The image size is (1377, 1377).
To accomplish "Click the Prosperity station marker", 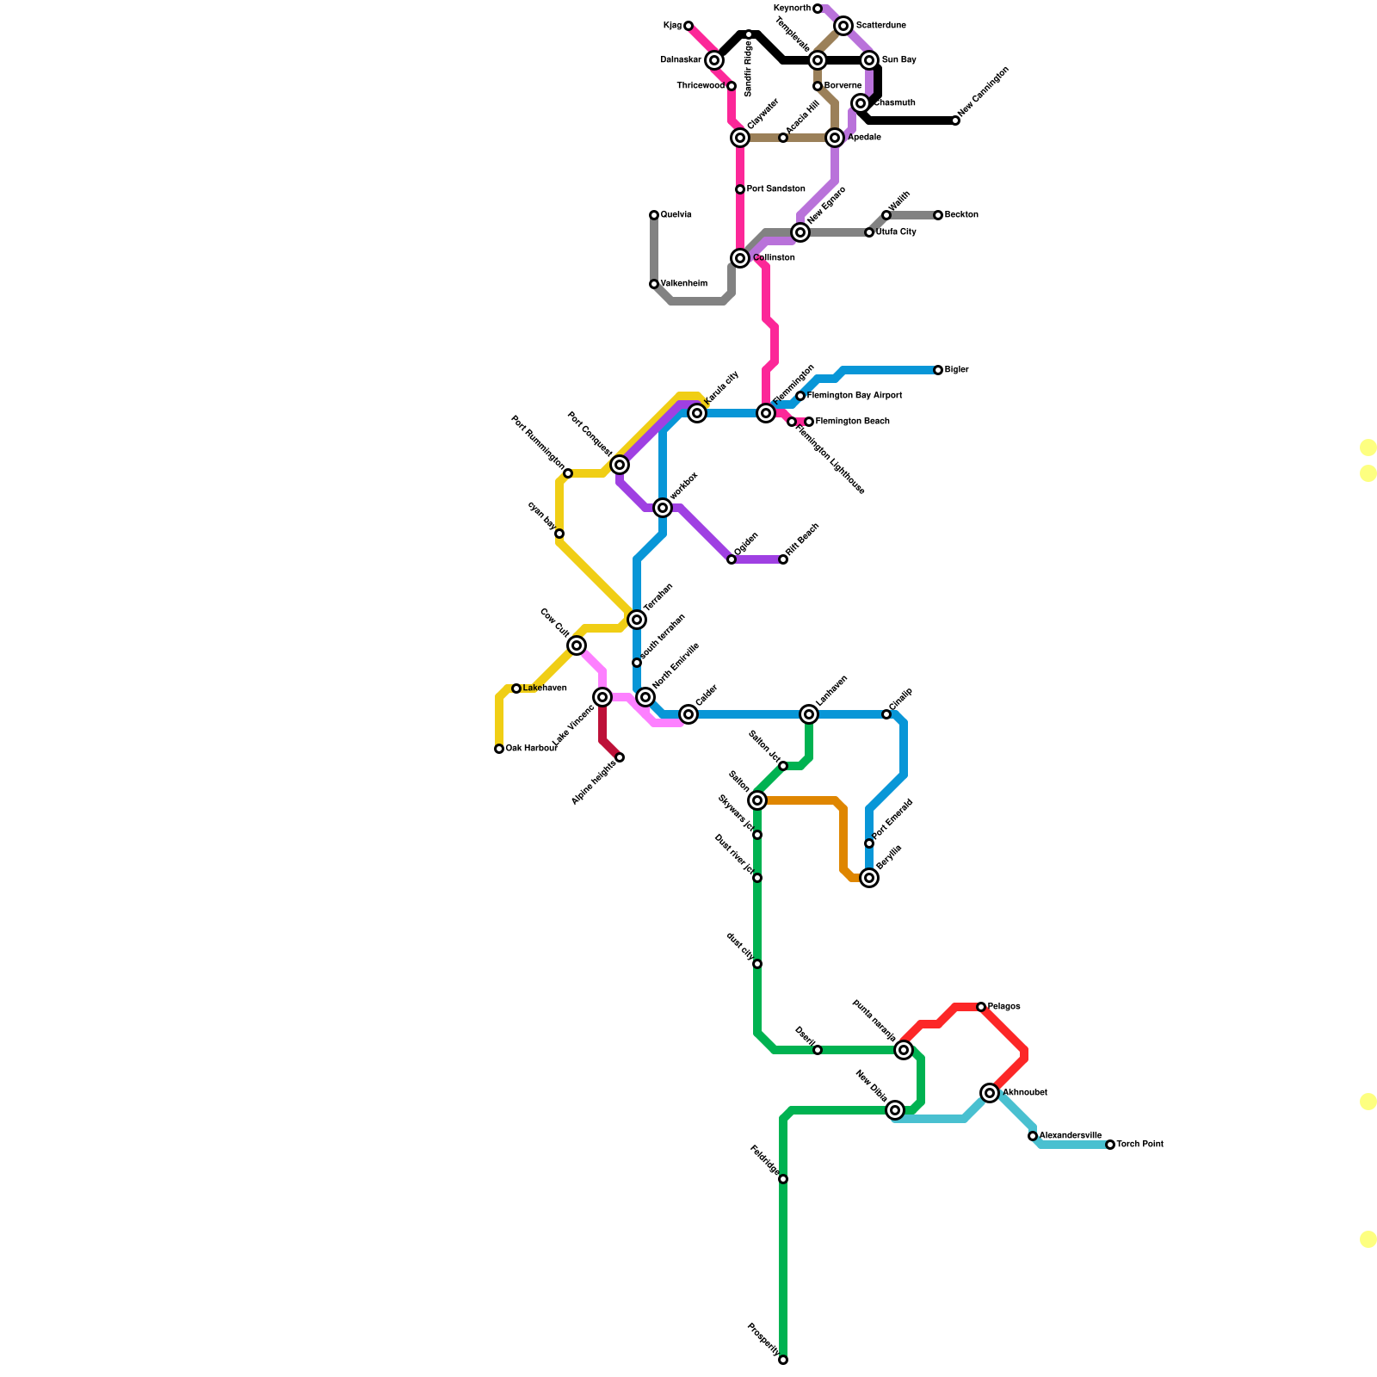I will coord(783,1360).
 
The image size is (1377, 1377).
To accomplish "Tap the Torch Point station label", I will coord(1140,1145).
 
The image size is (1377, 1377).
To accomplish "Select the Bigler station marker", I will coord(938,370).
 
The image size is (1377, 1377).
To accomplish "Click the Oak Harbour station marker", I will coord(499,749).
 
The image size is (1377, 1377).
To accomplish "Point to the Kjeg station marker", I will coord(688,26).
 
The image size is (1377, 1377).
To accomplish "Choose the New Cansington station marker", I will coord(955,120).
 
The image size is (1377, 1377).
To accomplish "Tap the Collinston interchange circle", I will coord(740,258).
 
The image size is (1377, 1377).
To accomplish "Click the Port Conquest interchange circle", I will coord(620,465).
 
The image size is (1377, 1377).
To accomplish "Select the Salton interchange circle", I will coord(757,800).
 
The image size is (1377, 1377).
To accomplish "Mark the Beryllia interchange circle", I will coord(869,878).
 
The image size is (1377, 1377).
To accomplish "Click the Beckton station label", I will coord(961,215).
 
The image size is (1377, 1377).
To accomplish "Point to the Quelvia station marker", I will coord(654,215).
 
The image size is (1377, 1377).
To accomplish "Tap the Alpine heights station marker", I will coord(620,757).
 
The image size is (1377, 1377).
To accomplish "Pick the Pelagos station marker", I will coord(981,1007).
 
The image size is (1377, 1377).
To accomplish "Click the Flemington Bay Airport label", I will coord(855,396).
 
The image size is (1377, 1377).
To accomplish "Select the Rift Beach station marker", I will coord(783,559).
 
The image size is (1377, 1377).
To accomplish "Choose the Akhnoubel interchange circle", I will coord(990,1093).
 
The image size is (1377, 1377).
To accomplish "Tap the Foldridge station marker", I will coord(783,1179).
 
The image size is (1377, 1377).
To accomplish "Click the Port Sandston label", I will coord(776,189).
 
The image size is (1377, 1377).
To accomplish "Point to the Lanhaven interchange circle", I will coord(809,714).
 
